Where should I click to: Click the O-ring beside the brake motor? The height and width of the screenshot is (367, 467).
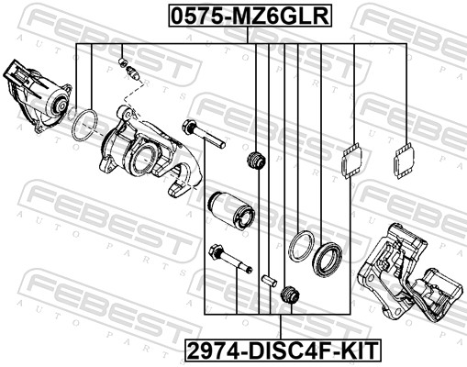(85, 124)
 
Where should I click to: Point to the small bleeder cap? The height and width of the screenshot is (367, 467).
(123, 62)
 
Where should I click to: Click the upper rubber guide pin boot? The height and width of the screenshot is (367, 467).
(257, 162)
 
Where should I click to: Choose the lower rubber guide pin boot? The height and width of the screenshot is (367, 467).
(292, 295)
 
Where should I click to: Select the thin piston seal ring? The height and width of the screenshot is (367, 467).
(299, 245)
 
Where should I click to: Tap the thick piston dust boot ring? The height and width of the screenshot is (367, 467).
(327, 259)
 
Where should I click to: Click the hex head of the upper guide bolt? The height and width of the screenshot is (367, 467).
(192, 127)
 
